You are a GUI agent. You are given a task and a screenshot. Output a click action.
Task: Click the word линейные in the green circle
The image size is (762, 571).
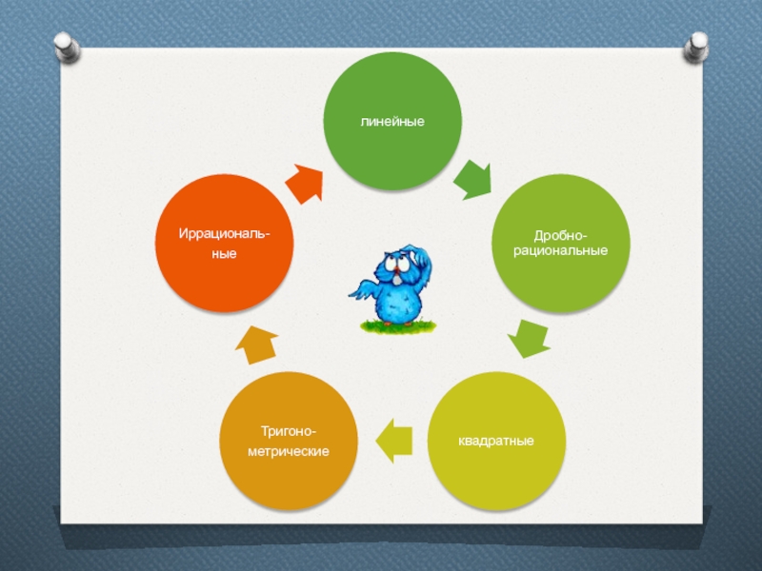pos(391,123)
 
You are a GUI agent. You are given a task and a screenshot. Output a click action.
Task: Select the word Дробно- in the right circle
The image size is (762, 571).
pos(559,235)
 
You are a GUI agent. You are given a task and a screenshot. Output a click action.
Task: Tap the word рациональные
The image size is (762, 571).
pos(559,250)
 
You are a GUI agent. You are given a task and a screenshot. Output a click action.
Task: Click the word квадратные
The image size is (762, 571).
pos(495,442)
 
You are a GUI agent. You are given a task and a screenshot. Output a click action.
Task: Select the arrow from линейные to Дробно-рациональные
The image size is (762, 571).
pos(472,179)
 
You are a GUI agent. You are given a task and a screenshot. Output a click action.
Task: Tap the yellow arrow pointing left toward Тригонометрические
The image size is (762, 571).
pos(393,441)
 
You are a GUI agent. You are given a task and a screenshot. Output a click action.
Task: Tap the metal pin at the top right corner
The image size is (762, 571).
pos(698,44)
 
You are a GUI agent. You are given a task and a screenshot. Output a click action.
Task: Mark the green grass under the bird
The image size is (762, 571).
pos(398,326)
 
